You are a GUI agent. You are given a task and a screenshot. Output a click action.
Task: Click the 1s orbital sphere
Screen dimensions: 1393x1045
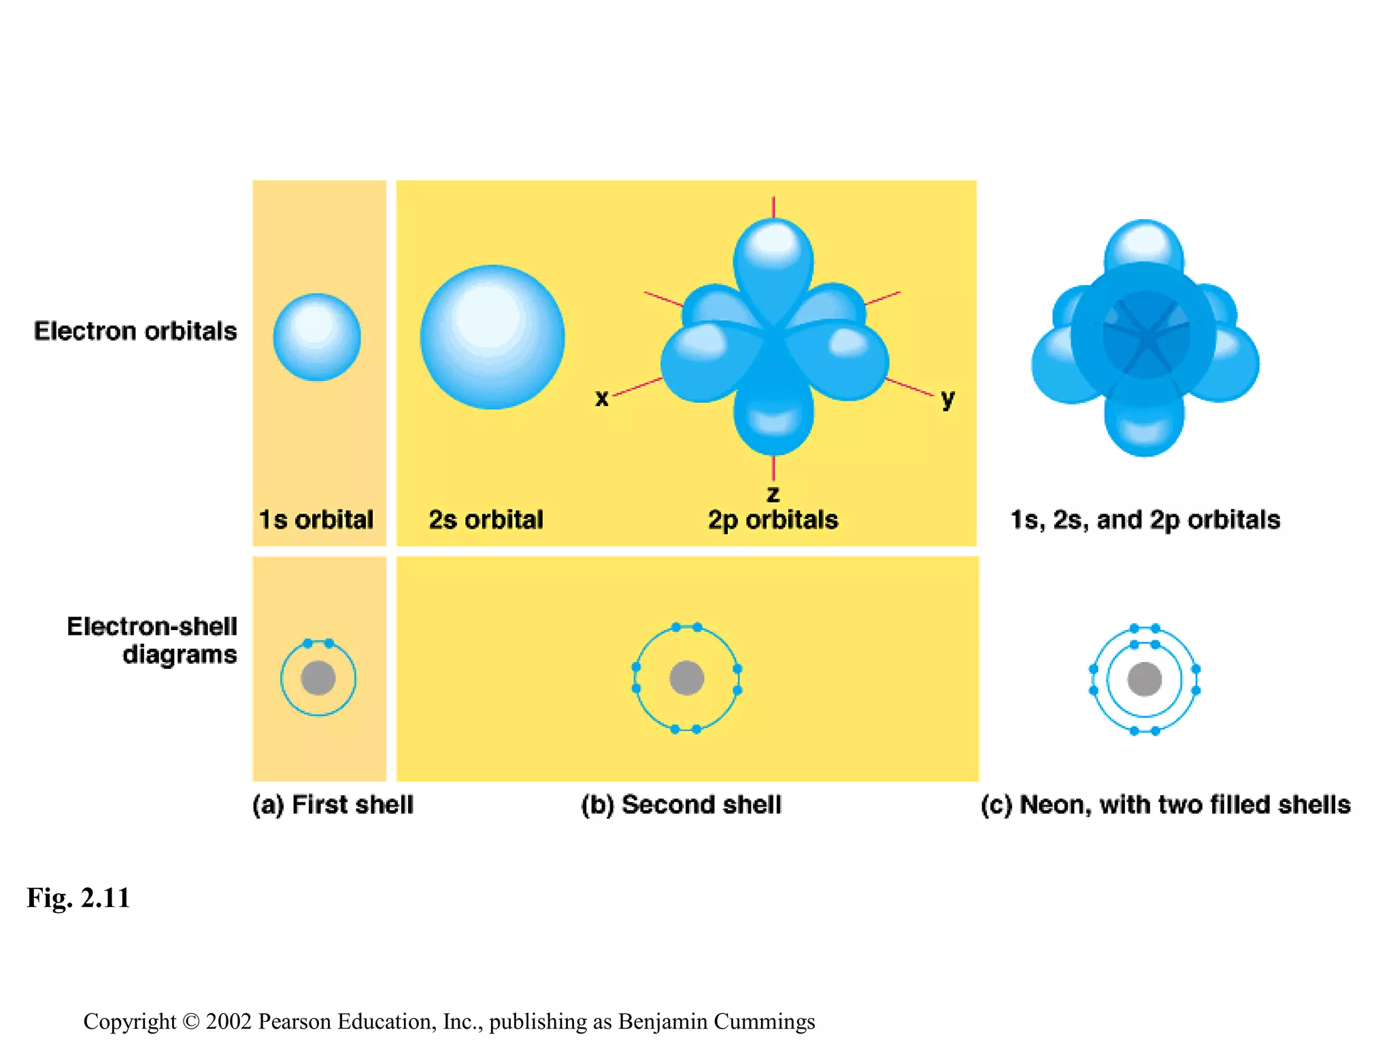tap(317, 337)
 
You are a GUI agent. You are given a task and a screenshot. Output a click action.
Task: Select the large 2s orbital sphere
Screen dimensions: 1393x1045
tap(492, 337)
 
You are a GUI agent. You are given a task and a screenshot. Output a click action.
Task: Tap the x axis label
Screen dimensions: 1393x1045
tap(601, 398)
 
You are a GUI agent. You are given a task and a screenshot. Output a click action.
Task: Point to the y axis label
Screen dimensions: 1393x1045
tap(947, 398)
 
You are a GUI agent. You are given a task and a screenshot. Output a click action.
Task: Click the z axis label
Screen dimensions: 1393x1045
tap(773, 493)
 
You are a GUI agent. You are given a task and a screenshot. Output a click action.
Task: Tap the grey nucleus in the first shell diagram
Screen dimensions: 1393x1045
tap(318, 678)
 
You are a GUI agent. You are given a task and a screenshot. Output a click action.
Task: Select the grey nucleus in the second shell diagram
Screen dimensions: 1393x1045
tap(686, 678)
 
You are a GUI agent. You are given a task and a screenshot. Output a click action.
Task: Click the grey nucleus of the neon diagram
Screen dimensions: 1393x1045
tap(1145, 679)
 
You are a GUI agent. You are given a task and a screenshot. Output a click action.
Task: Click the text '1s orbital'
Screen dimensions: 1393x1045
tap(316, 520)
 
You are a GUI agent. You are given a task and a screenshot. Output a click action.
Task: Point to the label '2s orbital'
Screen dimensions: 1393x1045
tap(486, 520)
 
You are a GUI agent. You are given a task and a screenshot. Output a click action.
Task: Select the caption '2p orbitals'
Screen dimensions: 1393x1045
tap(773, 520)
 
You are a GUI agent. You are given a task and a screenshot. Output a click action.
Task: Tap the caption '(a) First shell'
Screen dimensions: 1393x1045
tap(333, 805)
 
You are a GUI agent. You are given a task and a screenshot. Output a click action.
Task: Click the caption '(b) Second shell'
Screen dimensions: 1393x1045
tap(681, 805)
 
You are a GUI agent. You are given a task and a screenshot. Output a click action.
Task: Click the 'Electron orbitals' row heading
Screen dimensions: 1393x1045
tap(135, 331)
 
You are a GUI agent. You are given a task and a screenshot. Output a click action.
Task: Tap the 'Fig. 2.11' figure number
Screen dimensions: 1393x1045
tap(78, 898)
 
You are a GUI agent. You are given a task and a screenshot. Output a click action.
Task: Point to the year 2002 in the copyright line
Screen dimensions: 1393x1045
tap(229, 1022)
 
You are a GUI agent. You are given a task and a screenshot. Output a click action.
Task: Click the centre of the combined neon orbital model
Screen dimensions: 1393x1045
tap(1145, 335)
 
